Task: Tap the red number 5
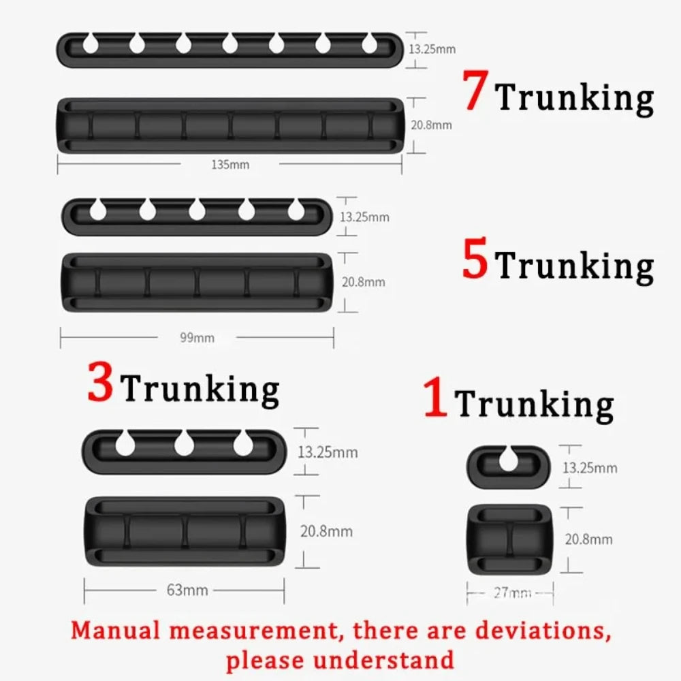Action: (x=475, y=262)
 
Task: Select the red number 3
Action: (x=100, y=383)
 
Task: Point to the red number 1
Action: (x=435, y=399)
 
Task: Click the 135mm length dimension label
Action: (x=230, y=164)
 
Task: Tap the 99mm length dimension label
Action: (x=197, y=337)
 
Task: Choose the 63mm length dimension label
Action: (x=187, y=590)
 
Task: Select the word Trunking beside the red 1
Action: (x=535, y=404)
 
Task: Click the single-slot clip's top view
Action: (x=508, y=466)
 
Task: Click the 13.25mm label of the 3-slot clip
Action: (x=328, y=452)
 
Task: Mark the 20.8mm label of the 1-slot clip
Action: (x=588, y=539)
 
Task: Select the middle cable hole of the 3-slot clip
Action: (x=184, y=444)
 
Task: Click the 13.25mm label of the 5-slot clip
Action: (x=364, y=217)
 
